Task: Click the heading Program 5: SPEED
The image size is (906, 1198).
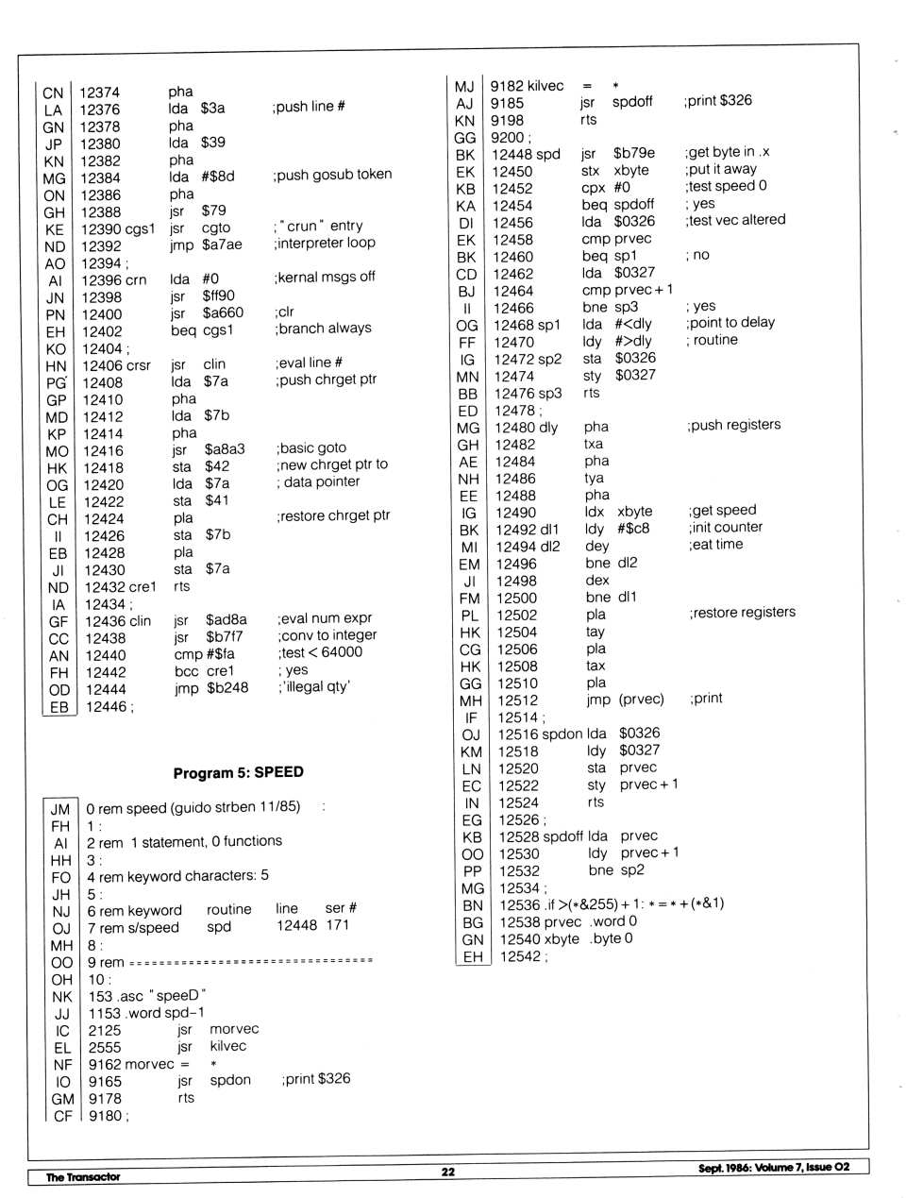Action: pyautogui.click(x=238, y=772)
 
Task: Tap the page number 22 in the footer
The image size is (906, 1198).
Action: pyautogui.click(x=447, y=1172)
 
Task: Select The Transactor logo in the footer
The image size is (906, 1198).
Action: pyautogui.click(x=83, y=1176)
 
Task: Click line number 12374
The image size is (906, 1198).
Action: pyautogui.click(x=99, y=93)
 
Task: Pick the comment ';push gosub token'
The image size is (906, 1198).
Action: pyautogui.click(x=332, y=175)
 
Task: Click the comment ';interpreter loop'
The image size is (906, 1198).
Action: pyautogui.click(x=325, y=244)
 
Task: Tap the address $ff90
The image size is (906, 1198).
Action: pyautogui.click(x=218, y=295)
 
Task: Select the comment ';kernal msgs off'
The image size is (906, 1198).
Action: pyautogui.click(x=325, y=278)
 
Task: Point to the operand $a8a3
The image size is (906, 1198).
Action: pyautogui.click(x=225, y=449)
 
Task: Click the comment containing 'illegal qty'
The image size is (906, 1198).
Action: pyautogui.click(x=314, y=687)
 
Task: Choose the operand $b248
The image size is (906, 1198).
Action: pyautogui.click(x=227, y=688)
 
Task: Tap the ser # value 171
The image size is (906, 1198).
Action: pyautogui.click(x=337, y=925)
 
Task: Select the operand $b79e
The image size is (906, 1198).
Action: pyautogui.click(x=633, y=153)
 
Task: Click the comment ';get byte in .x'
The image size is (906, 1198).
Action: pyautogui.click(x=728, y=152)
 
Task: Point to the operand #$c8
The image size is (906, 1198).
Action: pyautogui.click(x=633, y=529)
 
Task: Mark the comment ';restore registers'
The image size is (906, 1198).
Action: pyautogui.click(x=742, y=613)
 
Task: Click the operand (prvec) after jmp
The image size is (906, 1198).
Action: pyautogui.click(x=641, y=700)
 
